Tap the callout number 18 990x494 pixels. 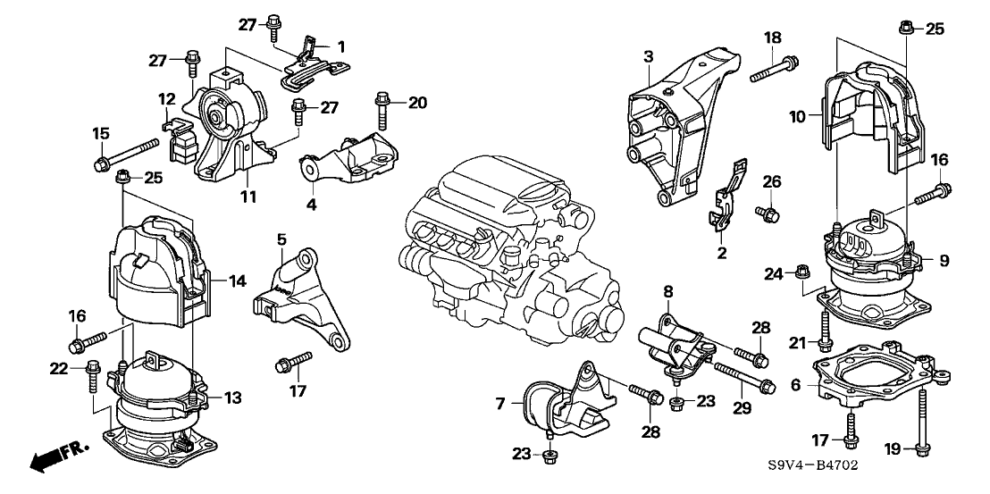point(773,37)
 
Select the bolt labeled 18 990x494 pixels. point(774,69)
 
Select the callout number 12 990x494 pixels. point(167,98)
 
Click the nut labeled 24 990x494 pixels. point(802,271)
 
